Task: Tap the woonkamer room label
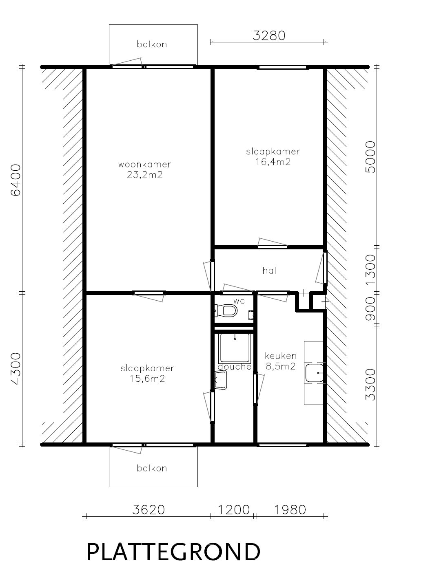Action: tap(145, 164)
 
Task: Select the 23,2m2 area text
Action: tap(145, 175)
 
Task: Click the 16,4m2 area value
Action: tap(273, 162)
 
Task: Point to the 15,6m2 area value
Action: tap(147, 379)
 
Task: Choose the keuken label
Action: tap(281, 356)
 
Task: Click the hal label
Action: tap(269, 271)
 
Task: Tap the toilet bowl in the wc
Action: tap(228, 310)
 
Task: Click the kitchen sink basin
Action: tap(315, 373)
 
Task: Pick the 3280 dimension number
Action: tap(269, 36)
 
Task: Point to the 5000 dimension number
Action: tap(370, 157)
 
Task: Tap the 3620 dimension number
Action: tap(149, 510)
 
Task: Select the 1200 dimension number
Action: tap(234, 510)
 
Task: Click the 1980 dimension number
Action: tap(290, 510)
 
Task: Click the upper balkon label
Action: tap(152, 44)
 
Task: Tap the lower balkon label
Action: tap(152, 468)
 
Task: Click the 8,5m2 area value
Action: tap(281, 367)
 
